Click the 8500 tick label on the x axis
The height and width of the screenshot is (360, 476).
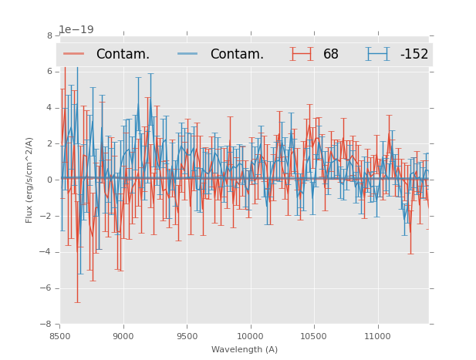(60, 336)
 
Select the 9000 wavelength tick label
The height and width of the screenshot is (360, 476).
(123, 336)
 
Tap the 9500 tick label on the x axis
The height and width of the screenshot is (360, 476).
(187, 336)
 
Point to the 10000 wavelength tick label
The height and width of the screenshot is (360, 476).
(250, 336)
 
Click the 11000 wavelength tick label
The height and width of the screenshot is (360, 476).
(377, 336)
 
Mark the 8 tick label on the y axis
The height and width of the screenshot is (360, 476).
(49, 35)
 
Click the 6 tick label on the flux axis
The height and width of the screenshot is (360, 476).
(49, 72)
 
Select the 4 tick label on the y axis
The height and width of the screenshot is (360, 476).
(49, 108)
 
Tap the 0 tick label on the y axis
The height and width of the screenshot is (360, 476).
(49, 180)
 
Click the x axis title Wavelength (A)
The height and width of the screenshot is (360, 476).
(245, 349)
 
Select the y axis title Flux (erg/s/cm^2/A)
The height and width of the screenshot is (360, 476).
(29, 180)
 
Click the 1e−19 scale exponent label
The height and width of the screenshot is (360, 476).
(76, 30)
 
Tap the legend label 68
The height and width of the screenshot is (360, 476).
(331, 54)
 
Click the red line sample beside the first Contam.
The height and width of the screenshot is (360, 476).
(75, 54)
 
